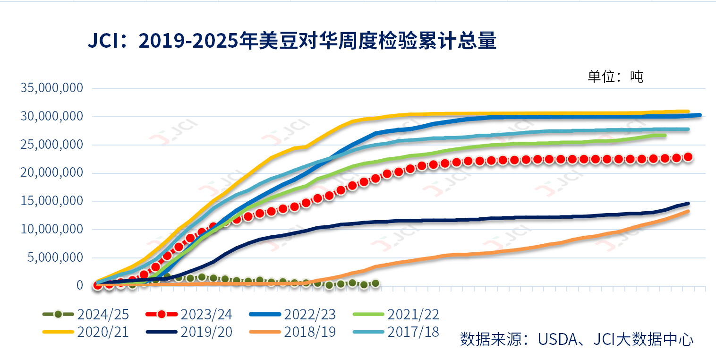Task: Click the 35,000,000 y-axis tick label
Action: click(52, 88)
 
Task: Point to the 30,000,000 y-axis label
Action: click(52, 116)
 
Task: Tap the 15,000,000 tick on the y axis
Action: click(52, 201)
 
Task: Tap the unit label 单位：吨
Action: click(615, 77)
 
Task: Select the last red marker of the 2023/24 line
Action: click(688, 157)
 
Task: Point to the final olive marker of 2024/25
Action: click(375, 283)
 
